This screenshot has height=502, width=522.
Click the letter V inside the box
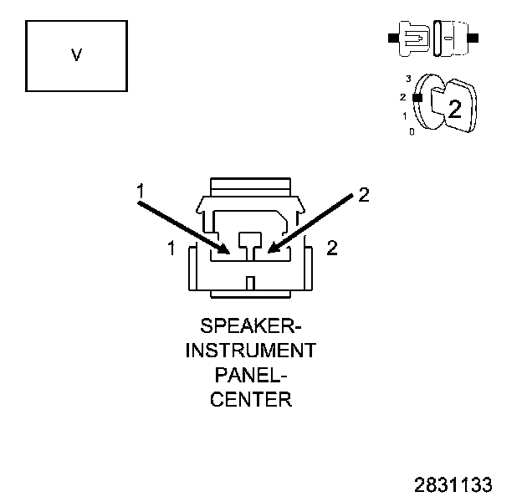point(77,55)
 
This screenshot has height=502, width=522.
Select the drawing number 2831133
point(453,484)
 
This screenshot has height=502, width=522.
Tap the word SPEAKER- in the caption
point(250,325)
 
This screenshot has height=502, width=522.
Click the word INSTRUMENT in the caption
point(250,350)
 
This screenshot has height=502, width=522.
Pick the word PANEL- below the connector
point(250,374)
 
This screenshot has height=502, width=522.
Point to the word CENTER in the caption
point(250,399)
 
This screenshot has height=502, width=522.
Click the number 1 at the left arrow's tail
point(141,192)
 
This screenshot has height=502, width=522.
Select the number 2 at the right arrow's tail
point(362,195)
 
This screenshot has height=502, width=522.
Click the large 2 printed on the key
point(453,108)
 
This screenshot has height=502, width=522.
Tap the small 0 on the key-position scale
point(411,131)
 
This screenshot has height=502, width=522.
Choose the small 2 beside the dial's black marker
point(403,97)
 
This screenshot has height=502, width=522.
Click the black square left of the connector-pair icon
point(392,38)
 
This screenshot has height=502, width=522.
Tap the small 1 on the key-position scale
point(405,115)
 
